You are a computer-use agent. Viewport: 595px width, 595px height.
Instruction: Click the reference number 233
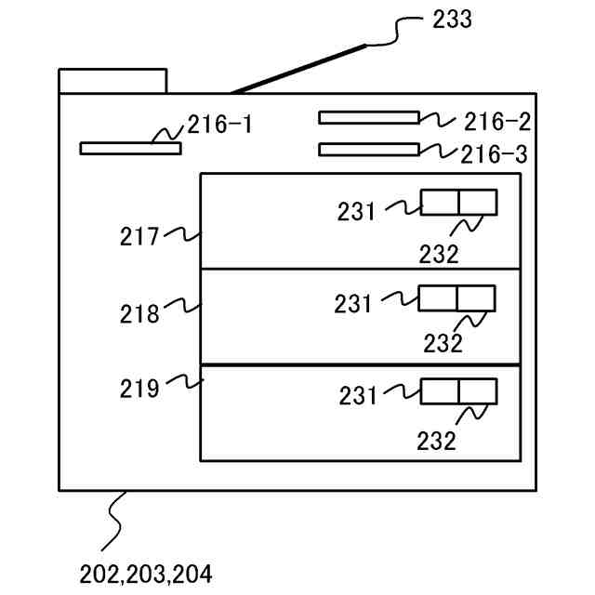click(x=452, y=20)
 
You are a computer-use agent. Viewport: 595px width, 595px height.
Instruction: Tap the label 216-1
click(x=219, y=125)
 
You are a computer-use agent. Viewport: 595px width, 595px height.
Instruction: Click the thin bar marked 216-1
click(x=130, y=148)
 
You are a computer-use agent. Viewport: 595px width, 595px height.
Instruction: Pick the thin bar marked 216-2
click(x=368, y=118)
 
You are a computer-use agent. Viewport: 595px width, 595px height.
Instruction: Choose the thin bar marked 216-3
click(x=368, y=149)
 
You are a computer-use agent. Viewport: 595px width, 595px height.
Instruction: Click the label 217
click(x=139, y=236)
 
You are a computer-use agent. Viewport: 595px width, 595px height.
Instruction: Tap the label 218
click(x=139, y=314)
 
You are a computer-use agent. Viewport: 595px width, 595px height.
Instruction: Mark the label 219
click(x=139, y=387)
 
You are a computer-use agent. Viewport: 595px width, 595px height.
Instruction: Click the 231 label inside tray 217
click(x=357, y=212)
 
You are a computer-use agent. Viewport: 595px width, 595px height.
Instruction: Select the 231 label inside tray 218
click(x=354, y=303)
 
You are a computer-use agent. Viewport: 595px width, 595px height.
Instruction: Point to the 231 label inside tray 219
click(x=358, y=396)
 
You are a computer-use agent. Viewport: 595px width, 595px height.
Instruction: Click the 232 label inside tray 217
click(x=439, y=254)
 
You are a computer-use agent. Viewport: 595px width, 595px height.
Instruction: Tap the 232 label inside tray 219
click(x=437, y=440)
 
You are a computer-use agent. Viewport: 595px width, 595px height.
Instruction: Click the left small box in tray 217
click(x=440, y=202)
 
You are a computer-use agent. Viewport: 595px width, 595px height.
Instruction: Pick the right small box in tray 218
click(x=475, y=298)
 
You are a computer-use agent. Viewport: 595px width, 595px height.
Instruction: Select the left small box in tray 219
click(x=440, y=390)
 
